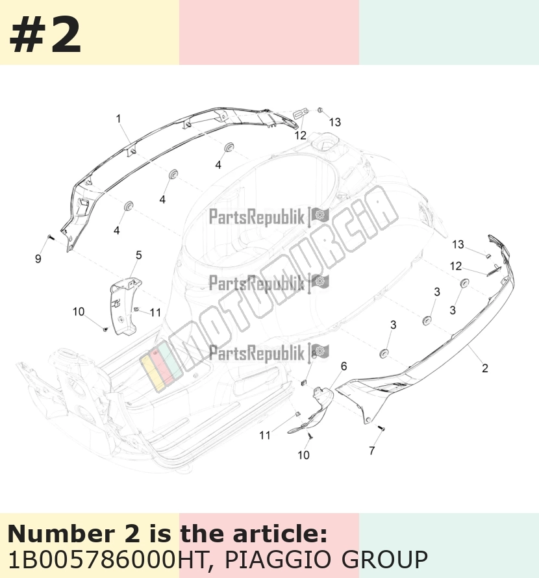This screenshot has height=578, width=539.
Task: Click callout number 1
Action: pos(118,119)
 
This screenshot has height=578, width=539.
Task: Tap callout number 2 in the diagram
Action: pos(485,368)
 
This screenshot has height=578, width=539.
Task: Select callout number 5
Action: pos(138,255)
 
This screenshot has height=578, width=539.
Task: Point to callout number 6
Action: pos(344,366)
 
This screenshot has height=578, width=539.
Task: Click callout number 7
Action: pos(372,451)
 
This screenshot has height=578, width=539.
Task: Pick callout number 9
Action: pos(38,258)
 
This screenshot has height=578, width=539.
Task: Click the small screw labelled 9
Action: pos(51,238)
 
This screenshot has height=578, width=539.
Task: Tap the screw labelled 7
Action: pos(382,428)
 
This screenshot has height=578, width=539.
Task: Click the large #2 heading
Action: pos(45,36)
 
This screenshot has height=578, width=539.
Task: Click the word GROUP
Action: pos(384,560)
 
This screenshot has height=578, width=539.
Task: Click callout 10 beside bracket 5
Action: pos(79,312)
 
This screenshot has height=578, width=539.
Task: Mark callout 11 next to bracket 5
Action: pos(155,312)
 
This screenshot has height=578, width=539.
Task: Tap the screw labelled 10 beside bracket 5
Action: pos(105,329)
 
